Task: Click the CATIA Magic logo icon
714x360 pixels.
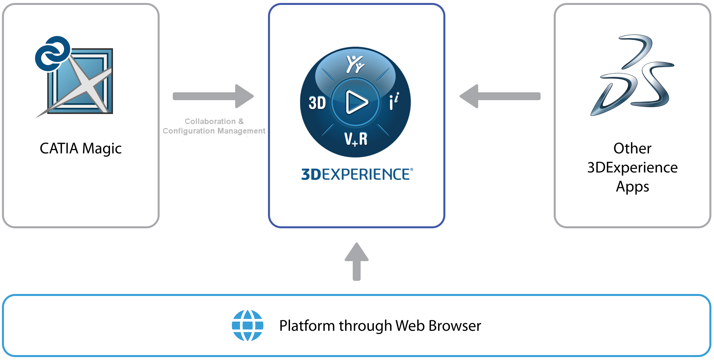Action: [74, 77]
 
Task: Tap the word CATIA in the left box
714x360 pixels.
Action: [59, 148]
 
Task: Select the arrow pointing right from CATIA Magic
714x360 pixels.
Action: [213, 96]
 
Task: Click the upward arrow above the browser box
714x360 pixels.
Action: [357, 261]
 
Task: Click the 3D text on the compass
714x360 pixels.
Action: [317, 103]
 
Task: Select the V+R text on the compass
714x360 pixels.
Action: [356, 139]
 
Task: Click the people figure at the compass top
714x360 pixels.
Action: [355, 64]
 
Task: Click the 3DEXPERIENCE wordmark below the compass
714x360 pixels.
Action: [357, 174]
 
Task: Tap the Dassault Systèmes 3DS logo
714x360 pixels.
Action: [632, 76]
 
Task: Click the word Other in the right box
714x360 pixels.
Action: [632, 148]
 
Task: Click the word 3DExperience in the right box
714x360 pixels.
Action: [632, 168]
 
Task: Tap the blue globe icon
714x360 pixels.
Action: [248, 326]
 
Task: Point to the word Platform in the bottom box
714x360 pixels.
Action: [307, 326]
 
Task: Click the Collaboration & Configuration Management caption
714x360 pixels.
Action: [214, 126]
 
